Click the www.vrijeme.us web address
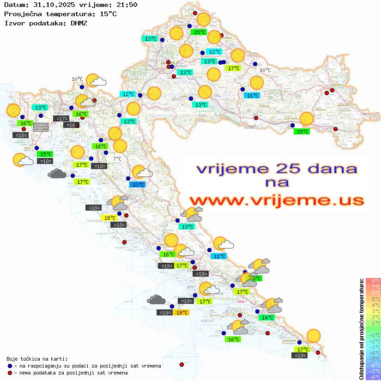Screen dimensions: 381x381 [x=277, y=200]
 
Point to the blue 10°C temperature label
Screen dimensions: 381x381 [x=138, y=185]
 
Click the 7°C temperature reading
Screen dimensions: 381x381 [x=117, y=159]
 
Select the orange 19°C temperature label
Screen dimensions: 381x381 [x=182, y=313]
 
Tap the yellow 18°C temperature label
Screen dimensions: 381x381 [x=109, y=218]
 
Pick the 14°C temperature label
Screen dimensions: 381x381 [x=267, y=318]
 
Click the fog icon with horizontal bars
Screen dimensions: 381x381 [x=41, y=127]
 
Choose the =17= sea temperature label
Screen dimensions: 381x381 [x=61, y=119]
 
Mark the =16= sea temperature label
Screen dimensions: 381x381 [x=71, y=125]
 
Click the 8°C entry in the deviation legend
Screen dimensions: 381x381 [x=373, y=281]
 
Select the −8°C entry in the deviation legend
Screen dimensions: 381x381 [x=373, y=377]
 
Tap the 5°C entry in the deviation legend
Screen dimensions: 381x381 [x=373, y=299]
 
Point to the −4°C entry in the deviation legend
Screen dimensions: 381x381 [x=373, y=353]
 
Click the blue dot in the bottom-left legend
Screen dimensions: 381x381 [x=10, y=366]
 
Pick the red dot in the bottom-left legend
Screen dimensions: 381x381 [x=10, y=373]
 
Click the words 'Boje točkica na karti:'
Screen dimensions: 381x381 [x=37, y=359]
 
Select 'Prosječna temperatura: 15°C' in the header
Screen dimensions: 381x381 [x=60, y=14]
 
